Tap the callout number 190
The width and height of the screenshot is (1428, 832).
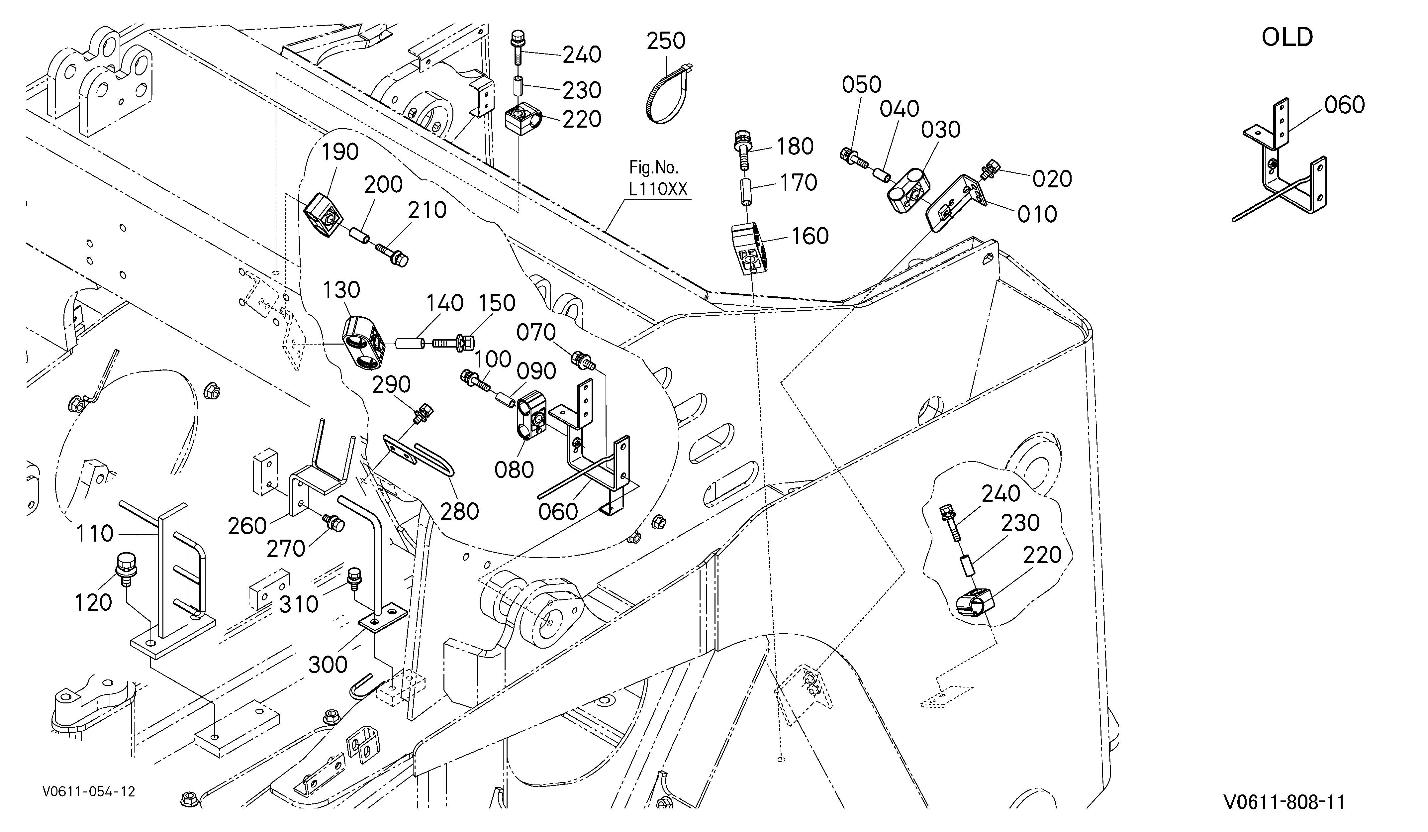(x=340, y=152)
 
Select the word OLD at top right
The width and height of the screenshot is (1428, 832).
(x=1287, y=38)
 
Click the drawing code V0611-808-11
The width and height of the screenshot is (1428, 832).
(x=1284, y=802)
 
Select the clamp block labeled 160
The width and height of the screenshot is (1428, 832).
(x=748, y=248)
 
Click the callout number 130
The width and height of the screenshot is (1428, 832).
(x=342, y=290)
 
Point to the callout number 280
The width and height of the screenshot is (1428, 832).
(x=460, y=512)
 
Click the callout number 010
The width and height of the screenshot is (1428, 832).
(x=1037, y=214)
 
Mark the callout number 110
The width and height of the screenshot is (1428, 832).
(x=95, y=534)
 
